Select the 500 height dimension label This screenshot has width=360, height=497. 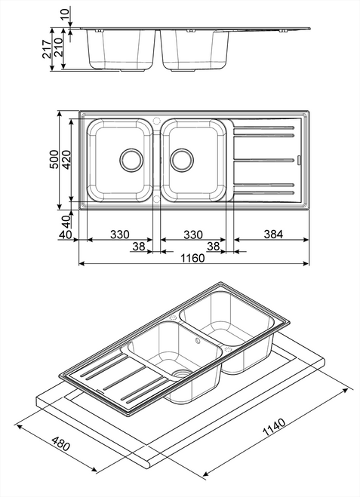tap(54, 161)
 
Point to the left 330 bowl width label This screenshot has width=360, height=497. tap(119, 235)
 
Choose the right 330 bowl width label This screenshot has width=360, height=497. tap(192, 235)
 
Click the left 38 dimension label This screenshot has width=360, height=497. tap(138, 246)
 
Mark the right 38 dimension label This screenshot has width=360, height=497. tap(213, 246)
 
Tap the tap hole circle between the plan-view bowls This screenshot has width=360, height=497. tap(156, 120)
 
